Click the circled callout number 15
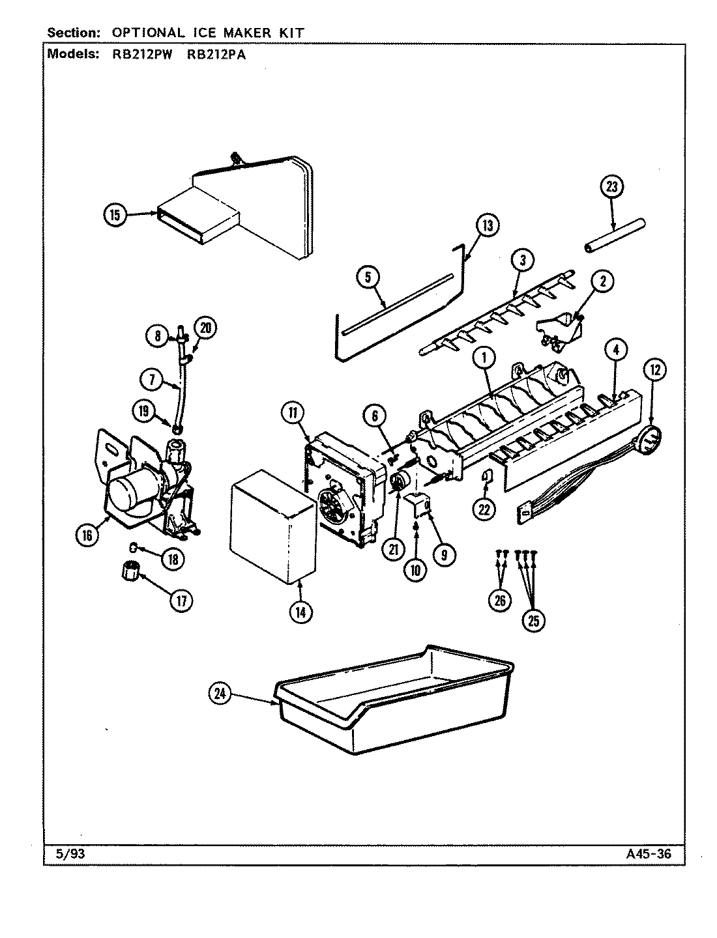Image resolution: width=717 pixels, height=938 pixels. [115, 215]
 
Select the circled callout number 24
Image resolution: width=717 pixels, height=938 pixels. [221, 695]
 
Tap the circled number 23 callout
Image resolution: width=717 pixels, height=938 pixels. [611, 188]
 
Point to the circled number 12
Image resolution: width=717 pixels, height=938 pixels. [654, 369]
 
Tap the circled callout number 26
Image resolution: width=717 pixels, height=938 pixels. [500, 601]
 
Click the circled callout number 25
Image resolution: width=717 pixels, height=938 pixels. [533, 621]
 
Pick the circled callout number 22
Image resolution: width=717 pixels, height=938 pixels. [484, 509]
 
